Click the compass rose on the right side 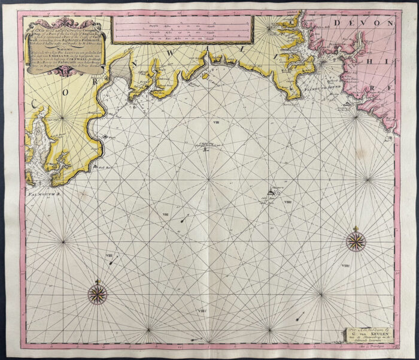tap(356, 241)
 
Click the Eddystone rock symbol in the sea tap(275, 192)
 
